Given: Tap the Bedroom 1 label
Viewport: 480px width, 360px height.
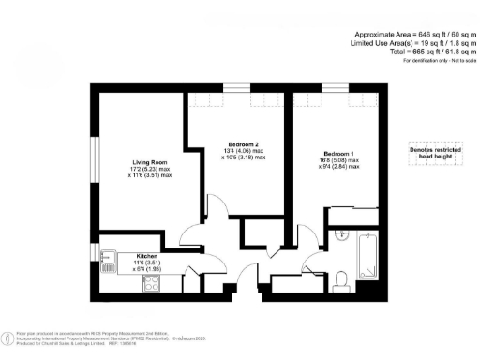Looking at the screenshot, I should click(x=338, y=153).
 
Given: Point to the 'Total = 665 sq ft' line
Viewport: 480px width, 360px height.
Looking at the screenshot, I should click(x=418, y=52).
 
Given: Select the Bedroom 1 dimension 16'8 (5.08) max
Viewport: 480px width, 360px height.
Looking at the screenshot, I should click(x=338, y=160).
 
